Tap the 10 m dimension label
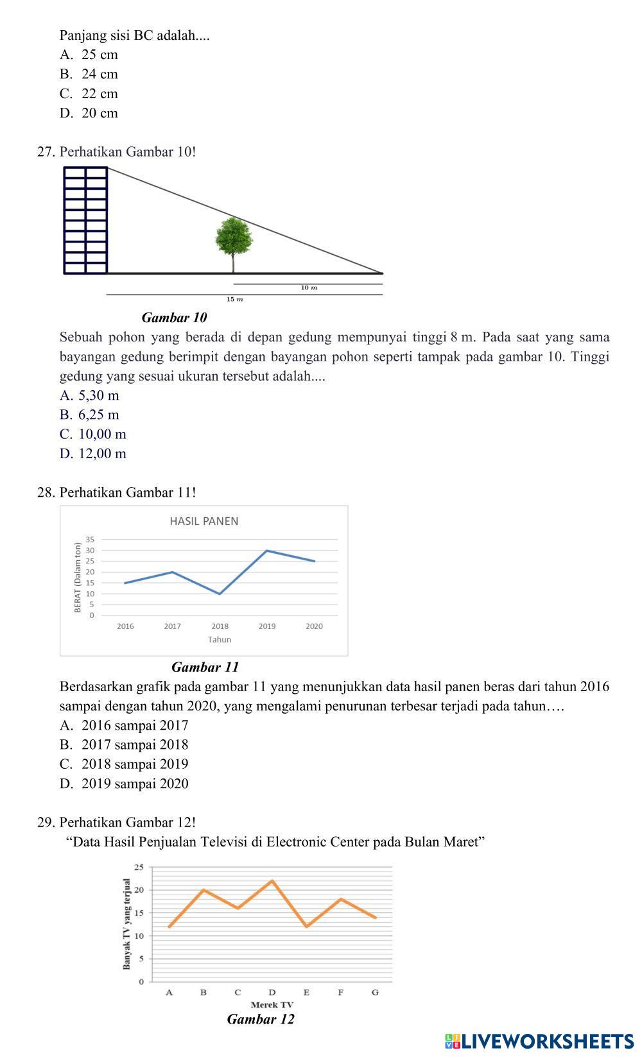coord(309,288)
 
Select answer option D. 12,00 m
coord(93,454)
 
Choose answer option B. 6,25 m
coord(89,415)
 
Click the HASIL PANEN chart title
coord(204,521)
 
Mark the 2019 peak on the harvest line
coord(266,551)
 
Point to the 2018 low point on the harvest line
coord(220,594)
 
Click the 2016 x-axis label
coord(125,626)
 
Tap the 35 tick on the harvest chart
coord(91,540)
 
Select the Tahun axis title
coord(219,640)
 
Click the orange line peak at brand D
coord(272,881)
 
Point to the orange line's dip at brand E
coord(307,926)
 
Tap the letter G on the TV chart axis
coord(375,992)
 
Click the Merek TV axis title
coord(272,1004)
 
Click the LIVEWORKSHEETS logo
coord(539,1041)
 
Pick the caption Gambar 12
coord(261,1020)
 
